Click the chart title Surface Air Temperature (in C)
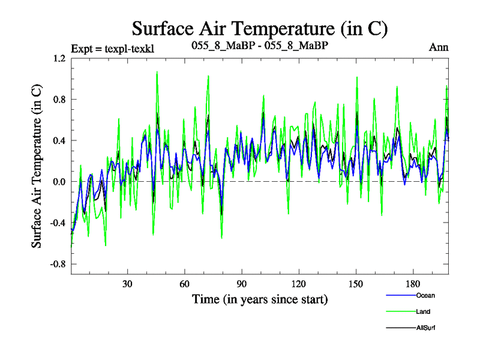pos(259,28)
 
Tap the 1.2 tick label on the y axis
pos(59,59)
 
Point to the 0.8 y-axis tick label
pos(59,100)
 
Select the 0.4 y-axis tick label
pos(59,141)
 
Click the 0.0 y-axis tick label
pos(59,182)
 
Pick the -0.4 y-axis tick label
pos(58,223)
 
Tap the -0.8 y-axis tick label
pos(58,264)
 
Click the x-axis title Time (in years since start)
pos(259,298)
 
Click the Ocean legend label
pos(425,295)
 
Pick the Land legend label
pos(422,311)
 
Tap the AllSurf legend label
pos(425,328)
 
